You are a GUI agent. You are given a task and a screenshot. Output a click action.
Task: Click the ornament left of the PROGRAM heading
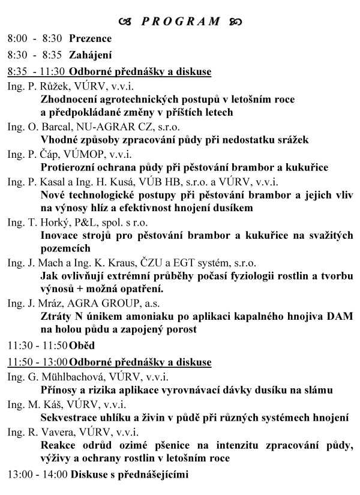click(125, 22)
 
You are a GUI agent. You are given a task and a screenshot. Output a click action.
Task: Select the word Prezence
click(90, 38)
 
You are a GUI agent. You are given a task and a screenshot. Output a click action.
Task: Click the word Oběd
click(82, 346)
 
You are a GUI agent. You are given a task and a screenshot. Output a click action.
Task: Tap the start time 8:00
click(17, 38)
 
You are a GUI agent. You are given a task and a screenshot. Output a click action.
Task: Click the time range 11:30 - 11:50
click(37, 346)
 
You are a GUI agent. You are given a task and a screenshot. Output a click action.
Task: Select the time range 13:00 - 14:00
click(37, 475)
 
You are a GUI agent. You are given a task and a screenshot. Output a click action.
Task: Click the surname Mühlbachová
click(68, 377)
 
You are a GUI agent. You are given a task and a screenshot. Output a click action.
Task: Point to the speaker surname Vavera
click(56, 432)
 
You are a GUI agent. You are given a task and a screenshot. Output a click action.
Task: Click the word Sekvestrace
click(68, 418)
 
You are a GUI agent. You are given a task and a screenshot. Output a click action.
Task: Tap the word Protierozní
click(68, 167)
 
